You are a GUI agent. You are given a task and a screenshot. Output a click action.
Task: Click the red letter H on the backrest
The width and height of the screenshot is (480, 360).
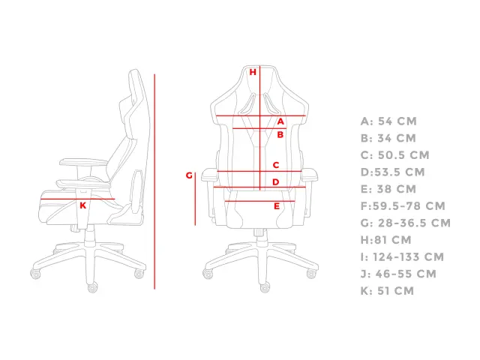[253, 72]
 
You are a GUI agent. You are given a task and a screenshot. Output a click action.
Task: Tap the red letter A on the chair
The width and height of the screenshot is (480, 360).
[280, 121]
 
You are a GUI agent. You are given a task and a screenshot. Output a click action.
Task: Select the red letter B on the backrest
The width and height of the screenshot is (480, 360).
[280, 135]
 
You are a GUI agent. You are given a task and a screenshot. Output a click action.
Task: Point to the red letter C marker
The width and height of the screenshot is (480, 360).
[276, 165]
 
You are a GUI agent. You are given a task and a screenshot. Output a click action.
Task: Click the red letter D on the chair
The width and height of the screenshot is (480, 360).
[276, 182]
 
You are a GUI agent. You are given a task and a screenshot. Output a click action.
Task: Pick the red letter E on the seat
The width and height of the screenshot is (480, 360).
[277, 206]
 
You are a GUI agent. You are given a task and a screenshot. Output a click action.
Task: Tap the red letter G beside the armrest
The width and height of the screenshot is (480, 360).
[189, 175]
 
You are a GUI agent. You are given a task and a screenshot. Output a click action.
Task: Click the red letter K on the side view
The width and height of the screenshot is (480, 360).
[83, 205]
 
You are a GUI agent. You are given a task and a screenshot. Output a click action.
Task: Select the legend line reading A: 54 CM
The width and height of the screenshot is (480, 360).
[388, 121]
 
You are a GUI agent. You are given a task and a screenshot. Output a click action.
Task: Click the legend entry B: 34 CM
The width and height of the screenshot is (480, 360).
[388, 138]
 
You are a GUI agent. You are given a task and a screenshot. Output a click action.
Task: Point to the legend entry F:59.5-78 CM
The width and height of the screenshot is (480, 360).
[403, 206]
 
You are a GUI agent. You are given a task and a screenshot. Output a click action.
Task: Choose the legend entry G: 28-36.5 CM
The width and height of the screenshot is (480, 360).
[406, 223]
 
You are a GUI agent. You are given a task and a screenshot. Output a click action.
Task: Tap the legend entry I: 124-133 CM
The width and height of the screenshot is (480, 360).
[402, 256]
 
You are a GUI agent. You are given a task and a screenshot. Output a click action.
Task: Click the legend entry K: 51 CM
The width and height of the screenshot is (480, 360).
[387, 291]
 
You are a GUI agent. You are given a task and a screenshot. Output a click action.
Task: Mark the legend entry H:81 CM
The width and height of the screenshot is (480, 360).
[386, 240]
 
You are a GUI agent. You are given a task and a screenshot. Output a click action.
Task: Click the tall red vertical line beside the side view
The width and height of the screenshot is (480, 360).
[154, 181]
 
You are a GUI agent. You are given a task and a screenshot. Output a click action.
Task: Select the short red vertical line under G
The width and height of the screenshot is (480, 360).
[195, 199]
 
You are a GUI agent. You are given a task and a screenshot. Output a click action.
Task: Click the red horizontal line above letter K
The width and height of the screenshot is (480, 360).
[78, 199]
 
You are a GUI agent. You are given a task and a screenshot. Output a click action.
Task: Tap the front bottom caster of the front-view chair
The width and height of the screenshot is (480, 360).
[265, 287]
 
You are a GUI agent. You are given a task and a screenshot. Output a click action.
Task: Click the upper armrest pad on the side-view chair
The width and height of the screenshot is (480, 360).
[83, 162]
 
